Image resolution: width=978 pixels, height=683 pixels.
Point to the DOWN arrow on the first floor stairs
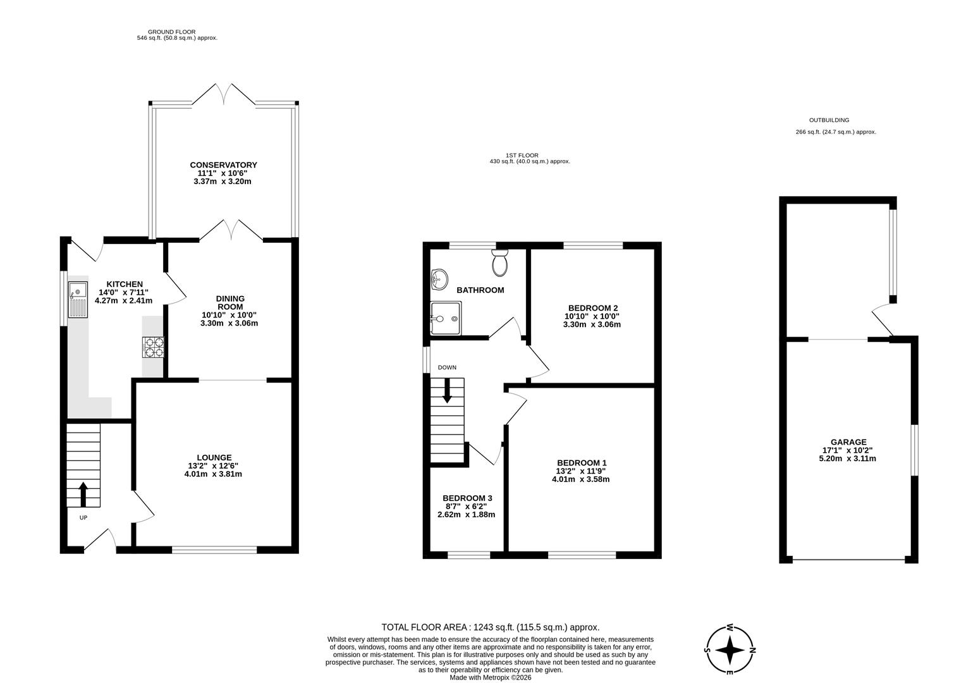tap(448, 390)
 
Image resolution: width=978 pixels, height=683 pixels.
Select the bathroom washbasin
tap(439, 278)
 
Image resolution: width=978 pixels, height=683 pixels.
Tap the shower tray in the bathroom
tap(446, 316)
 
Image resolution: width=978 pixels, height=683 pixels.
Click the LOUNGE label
tap(214, 457)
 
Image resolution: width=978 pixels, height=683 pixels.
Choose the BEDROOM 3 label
tap(467, 498)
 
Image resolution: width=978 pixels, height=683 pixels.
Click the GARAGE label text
tap(848, 442)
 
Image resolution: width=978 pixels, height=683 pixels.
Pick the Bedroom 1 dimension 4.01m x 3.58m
tap(580, 479)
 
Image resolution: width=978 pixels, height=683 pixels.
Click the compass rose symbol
tap(730, 649)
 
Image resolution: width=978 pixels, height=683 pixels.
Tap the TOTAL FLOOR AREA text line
tap(490, 627)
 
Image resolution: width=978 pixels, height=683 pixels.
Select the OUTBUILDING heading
tap(829, 120)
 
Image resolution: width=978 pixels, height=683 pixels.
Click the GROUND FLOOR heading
tap(171, 32)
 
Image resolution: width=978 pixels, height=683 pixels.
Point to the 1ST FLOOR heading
tap(522, 155)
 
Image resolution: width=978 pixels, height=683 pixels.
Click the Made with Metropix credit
tap(490, 677)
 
